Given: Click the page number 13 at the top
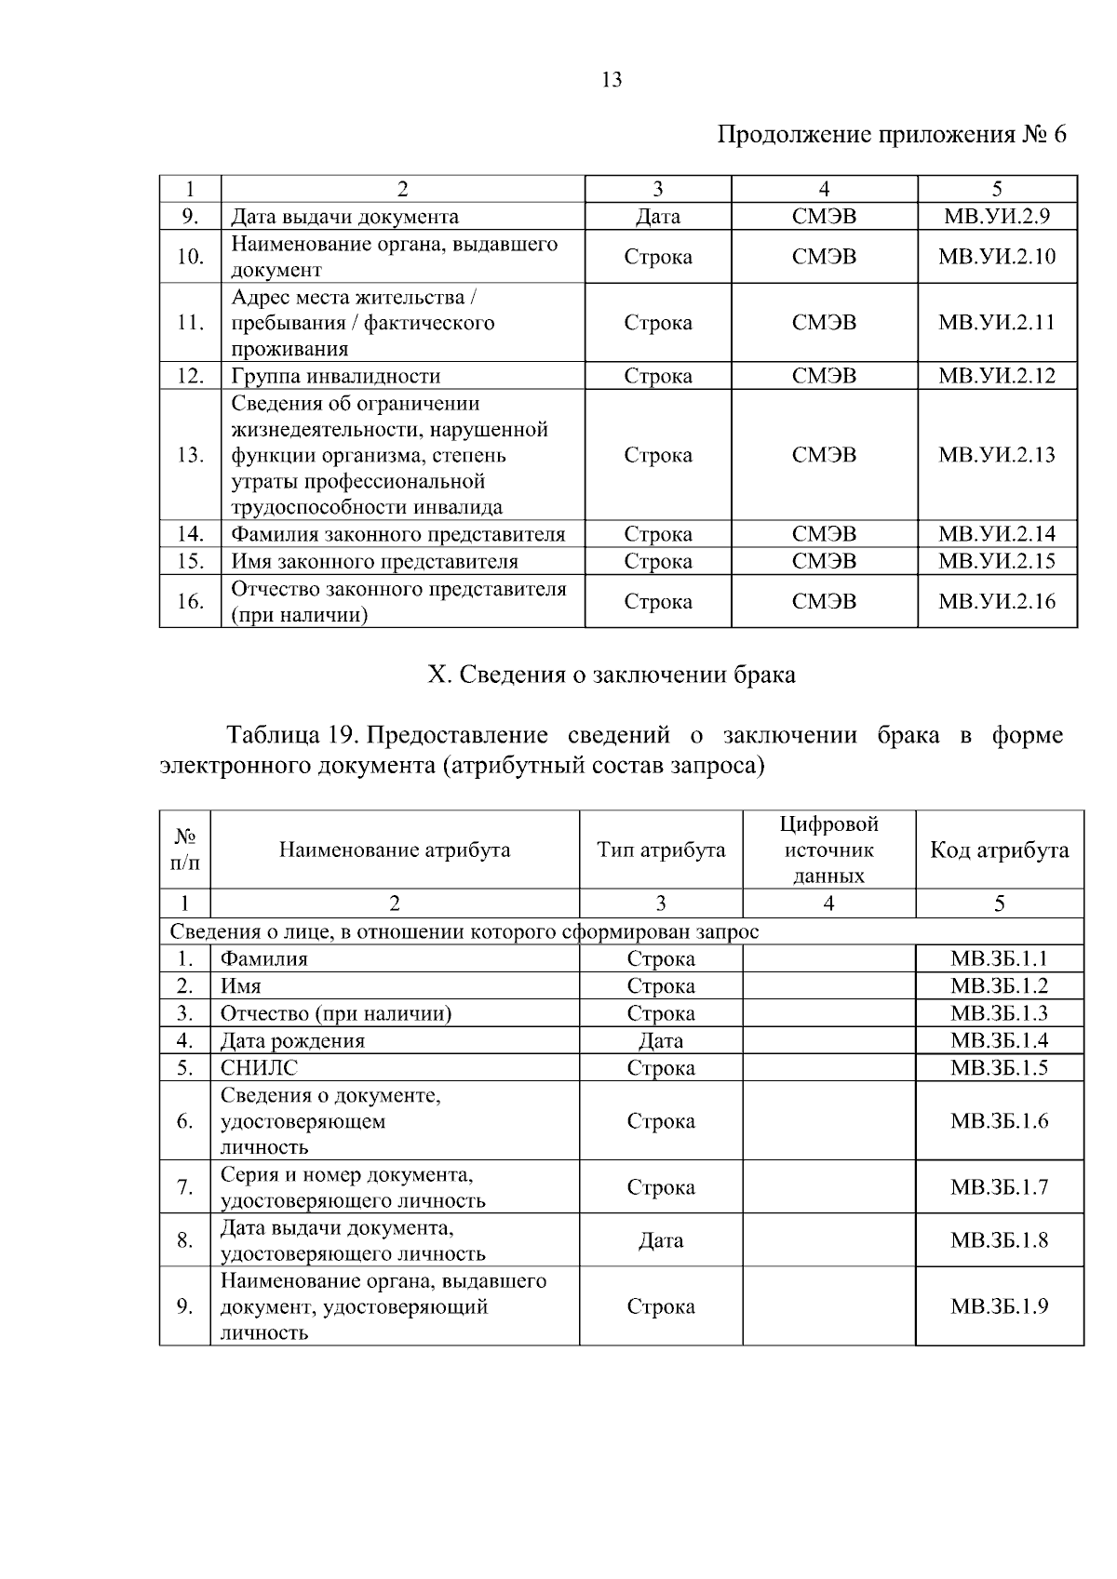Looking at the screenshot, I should [612, 80].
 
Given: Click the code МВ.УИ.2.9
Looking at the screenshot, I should [996, 217].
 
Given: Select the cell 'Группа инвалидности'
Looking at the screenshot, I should [335, 376].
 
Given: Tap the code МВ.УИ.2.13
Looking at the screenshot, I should [996, 455].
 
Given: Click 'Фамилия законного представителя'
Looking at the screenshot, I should [397, 534].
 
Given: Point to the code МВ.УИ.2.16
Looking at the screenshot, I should [996, 601].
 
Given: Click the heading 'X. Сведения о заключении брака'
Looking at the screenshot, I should [611, 675].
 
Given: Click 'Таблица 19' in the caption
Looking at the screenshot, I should [288, 735].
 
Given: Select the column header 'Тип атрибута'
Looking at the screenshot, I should [660, 850].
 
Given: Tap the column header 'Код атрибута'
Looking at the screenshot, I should [999, 850].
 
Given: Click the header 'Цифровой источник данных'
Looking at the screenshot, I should [828, 850].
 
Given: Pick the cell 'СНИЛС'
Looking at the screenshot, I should [259, 1067].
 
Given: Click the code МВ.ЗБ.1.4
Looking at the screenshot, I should [999, 1040].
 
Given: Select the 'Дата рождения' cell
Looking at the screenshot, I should [292, 1040].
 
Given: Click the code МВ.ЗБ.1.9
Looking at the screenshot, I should [999, 1306].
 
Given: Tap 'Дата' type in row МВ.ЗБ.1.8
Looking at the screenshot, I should [660, 1240].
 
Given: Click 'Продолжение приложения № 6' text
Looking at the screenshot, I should [891, 135].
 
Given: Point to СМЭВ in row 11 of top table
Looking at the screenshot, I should [824, 323].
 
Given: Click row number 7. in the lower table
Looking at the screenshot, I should [184, 1187].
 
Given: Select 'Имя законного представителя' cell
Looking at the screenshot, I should [374, 561].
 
